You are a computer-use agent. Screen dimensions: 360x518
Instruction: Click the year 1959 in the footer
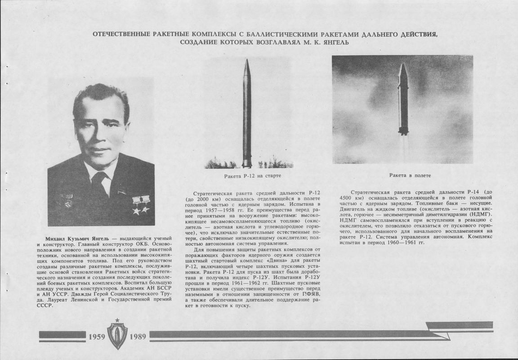pyautogui.click(x=97, y=337)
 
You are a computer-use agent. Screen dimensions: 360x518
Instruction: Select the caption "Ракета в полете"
pyautogui.click(x=406, y=175)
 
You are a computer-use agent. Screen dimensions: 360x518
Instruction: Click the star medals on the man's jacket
pyautogui.click(x=141, y=205)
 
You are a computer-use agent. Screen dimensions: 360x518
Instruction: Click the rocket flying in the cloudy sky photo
pyautogui.click(x=403, y=99)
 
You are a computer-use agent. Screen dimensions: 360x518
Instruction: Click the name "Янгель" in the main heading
pyautogui.click(x=335, y=42)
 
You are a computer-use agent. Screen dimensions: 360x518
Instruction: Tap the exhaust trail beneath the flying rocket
pyautogui.click(x=403, y=146)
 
